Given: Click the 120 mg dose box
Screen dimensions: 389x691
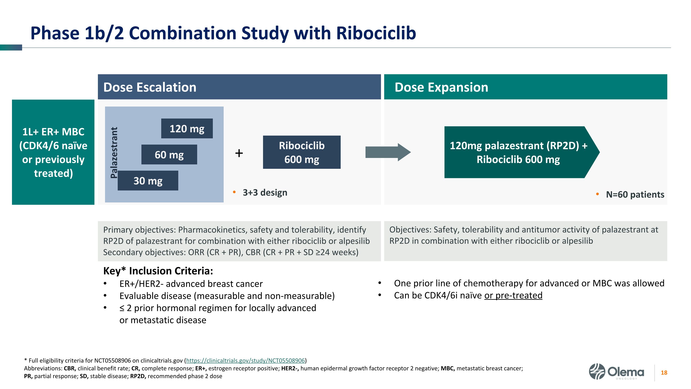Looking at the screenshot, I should [187, 129].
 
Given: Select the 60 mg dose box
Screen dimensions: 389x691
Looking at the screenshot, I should [169, 155].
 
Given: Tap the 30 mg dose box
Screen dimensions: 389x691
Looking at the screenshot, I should [148, 181].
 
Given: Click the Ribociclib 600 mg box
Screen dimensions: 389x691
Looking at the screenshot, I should [302, 152].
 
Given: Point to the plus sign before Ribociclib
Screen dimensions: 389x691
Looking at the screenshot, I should [239, 153].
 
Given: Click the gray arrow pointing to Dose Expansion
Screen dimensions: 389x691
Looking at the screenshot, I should [388, 152].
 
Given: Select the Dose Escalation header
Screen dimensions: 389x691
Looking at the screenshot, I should [239, 87].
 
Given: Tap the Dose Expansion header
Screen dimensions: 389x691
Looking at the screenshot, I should [525, 87].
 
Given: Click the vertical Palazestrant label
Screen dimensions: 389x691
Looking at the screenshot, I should [114, 152].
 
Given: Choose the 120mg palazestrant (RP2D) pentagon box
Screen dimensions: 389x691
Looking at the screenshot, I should [518, 152].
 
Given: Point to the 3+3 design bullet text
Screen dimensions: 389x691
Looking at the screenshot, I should [265, 193].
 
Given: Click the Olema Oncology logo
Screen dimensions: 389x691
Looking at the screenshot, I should [616, 371].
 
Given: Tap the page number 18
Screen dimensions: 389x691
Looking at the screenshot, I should [664, 373].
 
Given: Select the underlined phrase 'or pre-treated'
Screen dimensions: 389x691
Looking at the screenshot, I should [513, 295].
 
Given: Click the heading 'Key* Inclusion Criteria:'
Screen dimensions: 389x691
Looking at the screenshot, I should [158, 271].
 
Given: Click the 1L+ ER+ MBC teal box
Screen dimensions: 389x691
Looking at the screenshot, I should [53, 152].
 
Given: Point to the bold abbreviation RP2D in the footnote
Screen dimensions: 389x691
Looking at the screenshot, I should [138, 376].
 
